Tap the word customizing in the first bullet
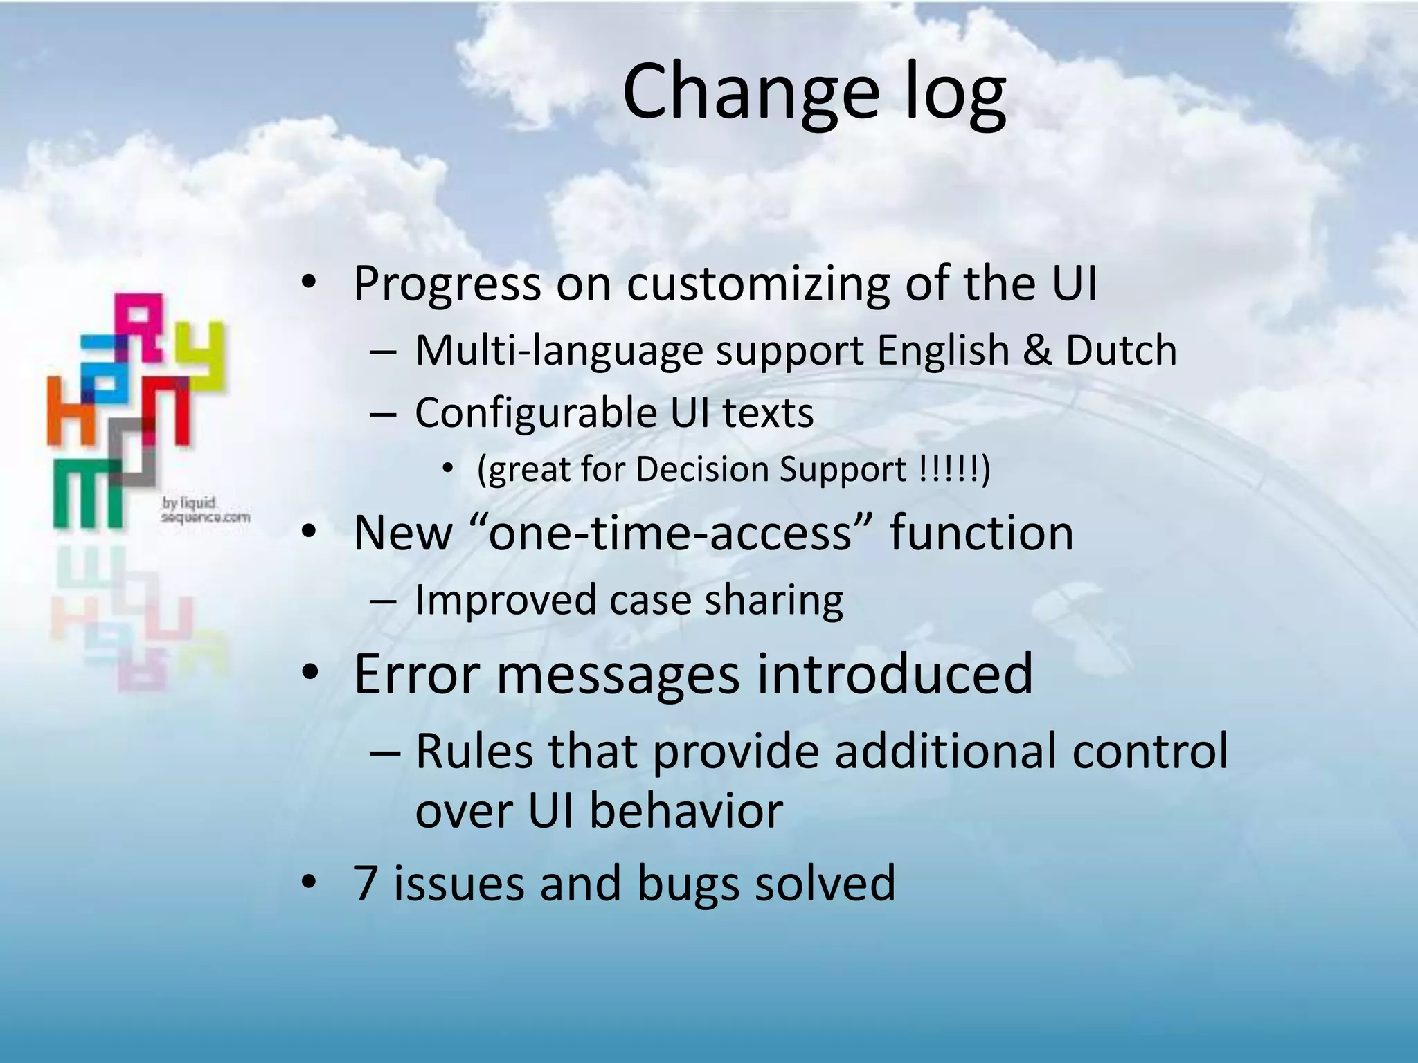[x=757, y=284]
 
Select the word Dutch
[x=1121, y=350]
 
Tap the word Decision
[x=702, y=470]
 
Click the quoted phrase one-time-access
[x=670, y=534]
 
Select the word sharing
[x=773, y=600]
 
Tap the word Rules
[x=474, y=751]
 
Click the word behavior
[x=686, y=811]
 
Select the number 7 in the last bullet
[x=365, y=884]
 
